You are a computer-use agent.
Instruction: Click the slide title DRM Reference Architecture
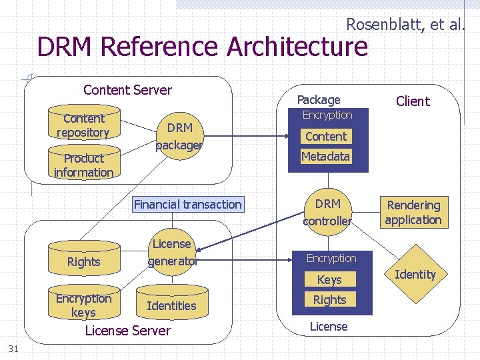click(x=203, y=47)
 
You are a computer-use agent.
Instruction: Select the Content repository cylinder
click(x=83, y=125)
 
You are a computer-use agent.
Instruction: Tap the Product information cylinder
click(x=83, y=165)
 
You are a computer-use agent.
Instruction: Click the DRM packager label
click(x=179, y=136)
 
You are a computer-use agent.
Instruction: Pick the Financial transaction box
click(x=187, y=205)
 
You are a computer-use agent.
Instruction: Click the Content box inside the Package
click(x=326, y=137)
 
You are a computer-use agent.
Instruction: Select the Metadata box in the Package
click(x=326, y=157)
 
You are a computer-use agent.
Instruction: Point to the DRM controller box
click(x=327, y=212)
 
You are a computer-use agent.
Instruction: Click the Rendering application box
click(x=413, y=213)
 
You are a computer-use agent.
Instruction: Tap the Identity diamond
click(x=415, y=274)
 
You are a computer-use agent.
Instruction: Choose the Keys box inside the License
click(x=329, y=280)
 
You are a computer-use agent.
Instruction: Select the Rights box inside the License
click(x=329, y=300)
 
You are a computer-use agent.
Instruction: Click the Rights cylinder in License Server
click(x=84, y=261)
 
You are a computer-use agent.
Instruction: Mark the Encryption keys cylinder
click(x=83, y=305)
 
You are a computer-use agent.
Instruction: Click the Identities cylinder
click(x=171, y=305)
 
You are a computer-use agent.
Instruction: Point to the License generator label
click(x=172, y=253)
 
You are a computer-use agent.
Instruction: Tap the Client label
click(x=413, y=101)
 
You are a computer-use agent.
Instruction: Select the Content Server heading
click(x=127, y=90)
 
